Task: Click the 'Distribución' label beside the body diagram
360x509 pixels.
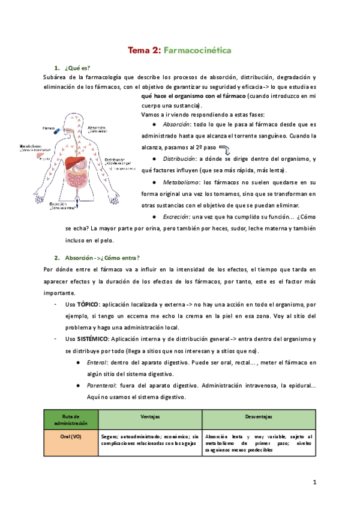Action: click(x=118, y=160)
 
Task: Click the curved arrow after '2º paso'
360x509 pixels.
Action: click(x=227, y=146)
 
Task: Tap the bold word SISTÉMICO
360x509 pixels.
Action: click(x=92, y=339)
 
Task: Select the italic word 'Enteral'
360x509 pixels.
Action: click(x=98, y=363)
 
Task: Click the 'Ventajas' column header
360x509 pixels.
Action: click(x=150, y=415)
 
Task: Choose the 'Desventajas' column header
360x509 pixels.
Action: click(x=259, y=415)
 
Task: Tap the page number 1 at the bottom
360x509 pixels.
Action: click(x=314, y=482)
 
